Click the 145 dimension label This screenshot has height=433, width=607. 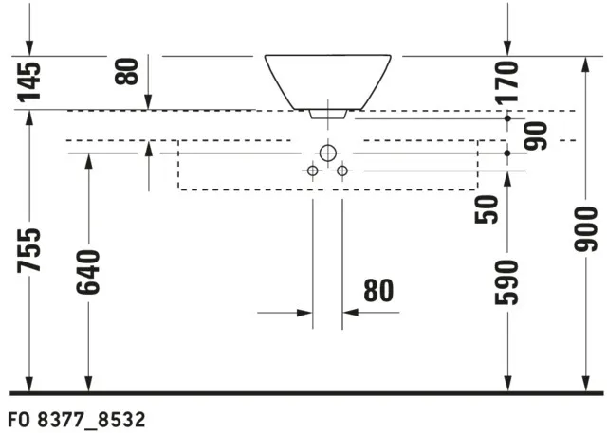30,81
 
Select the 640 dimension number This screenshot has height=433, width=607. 88,272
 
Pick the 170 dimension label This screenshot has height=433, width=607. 509,81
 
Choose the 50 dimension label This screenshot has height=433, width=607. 487,209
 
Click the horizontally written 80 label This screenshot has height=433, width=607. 377,290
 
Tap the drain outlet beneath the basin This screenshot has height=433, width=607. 327,114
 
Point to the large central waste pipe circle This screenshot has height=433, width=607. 327,152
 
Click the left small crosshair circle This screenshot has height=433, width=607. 311,171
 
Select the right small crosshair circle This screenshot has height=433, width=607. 343,171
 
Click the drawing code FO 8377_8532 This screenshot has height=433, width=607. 76,418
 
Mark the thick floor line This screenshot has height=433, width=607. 303,392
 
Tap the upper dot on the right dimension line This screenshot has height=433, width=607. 509,119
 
